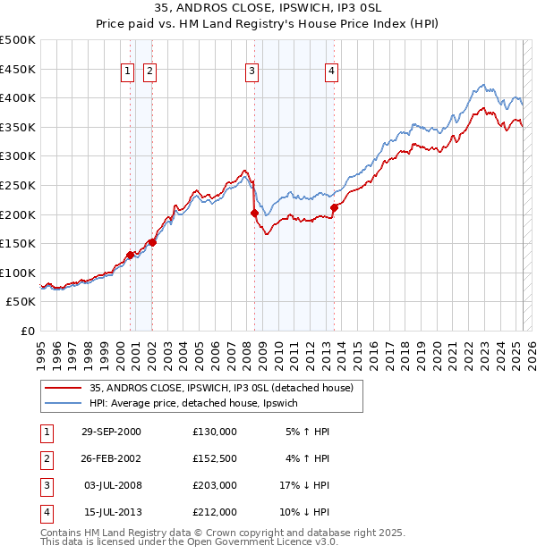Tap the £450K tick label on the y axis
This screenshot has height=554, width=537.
tap(18, 69)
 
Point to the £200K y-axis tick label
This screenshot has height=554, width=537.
tap(18, 214)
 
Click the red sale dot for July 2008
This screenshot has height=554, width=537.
tap(254, 213)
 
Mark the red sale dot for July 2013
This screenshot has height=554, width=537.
tap(334, 207)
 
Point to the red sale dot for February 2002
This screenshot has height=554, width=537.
tap(152, 241)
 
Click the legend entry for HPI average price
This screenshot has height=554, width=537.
tap(199, 404)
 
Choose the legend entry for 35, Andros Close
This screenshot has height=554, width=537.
tap(221, 388)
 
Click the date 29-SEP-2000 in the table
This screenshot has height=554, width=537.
tap(111, 432)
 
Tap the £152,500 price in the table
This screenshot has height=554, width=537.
tap(214, 458)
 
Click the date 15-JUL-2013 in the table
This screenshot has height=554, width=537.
tap(111, 512)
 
